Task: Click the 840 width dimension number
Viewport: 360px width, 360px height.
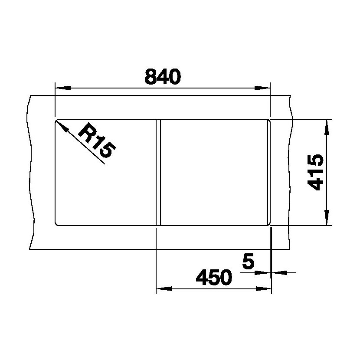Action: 163,76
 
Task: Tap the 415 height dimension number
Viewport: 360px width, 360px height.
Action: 315,172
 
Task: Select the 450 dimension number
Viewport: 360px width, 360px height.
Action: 214,277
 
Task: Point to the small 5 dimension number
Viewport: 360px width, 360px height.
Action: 248,261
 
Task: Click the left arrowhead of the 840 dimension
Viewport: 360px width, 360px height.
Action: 63,88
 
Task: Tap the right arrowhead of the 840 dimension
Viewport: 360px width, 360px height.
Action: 262,88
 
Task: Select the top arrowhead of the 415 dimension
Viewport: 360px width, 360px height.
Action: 327,127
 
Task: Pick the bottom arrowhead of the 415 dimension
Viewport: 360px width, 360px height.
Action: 327,217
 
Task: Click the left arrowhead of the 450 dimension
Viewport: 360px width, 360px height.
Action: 164,288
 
